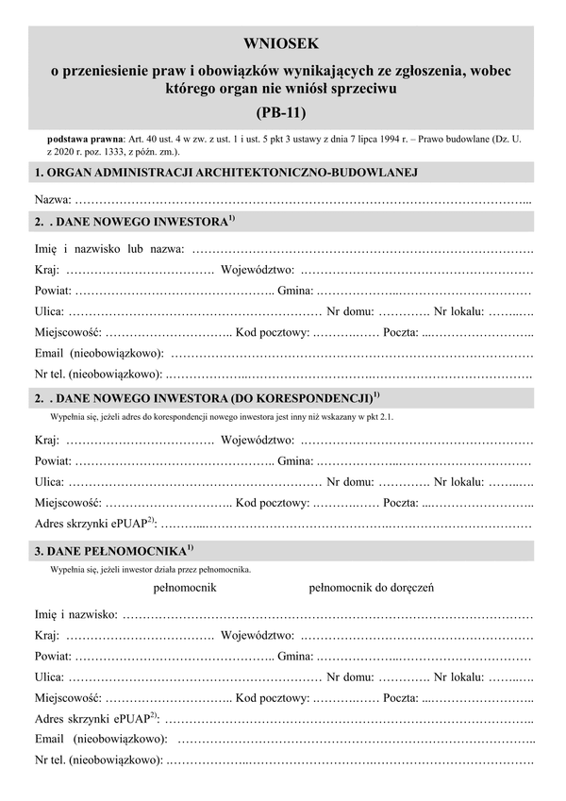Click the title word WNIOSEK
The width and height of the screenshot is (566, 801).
pyautogui.click(x=281, y=43)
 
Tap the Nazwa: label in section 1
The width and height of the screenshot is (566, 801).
pyautogui.click(x=53, y=199)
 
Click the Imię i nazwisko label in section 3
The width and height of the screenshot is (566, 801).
pyautogui.click(x=75, y=614)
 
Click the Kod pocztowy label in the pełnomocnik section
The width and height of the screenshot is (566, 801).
pyautogui.click(x=273, y=698)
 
